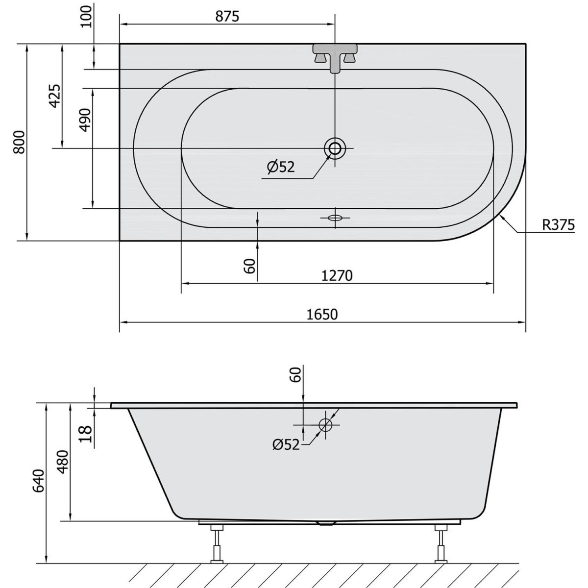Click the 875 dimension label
pyautogui.click(x=227, y=16)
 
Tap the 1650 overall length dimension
pyautogui.click(x=322, y=315)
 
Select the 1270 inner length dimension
pyautogui.click(x=337, y=276)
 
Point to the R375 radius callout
pyautogui.click(x=559, y=225)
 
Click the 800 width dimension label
pyautogui.click(x=20, y=142)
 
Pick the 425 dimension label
pyautogui.click(x=55, y=96)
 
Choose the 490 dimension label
pyautogui.click(x=85, y=120)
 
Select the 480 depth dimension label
pyautogui.click(x=64, y=462)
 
